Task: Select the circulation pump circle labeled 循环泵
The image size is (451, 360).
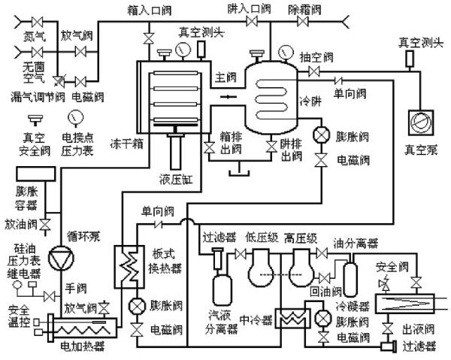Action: tap(59, 256)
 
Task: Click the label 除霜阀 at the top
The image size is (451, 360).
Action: tap(305, 8)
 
